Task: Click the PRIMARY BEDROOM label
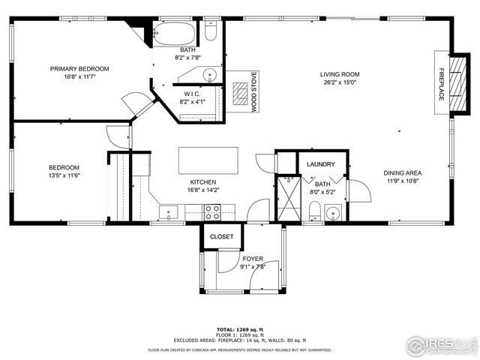pyautogui.click(x=79, y=69)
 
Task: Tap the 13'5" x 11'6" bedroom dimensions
pyautogui.click(x=64, y=175)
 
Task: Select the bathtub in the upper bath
pyautogui.click(x=175, y=33)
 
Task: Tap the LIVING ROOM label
pyautogui.click(x=340, y=74)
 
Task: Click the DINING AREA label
pyautogui.click(x=404, y=172)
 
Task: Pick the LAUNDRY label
pyautogui.click(x=321, y=163)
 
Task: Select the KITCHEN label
pyautogui.click(x=202, y=182)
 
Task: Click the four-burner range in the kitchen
pyautogui.click(x=212, y=214)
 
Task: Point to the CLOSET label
pyautogui.click(x=221, y=236)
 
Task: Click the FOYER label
pyautogui.click(x=252, y=258)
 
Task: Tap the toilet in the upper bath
pyautogui.click(x=211, y=34)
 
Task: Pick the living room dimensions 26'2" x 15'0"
pyautogui.click(x=340, y=82)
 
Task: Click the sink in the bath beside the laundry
pyautogui.click(x=334, y=212)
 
